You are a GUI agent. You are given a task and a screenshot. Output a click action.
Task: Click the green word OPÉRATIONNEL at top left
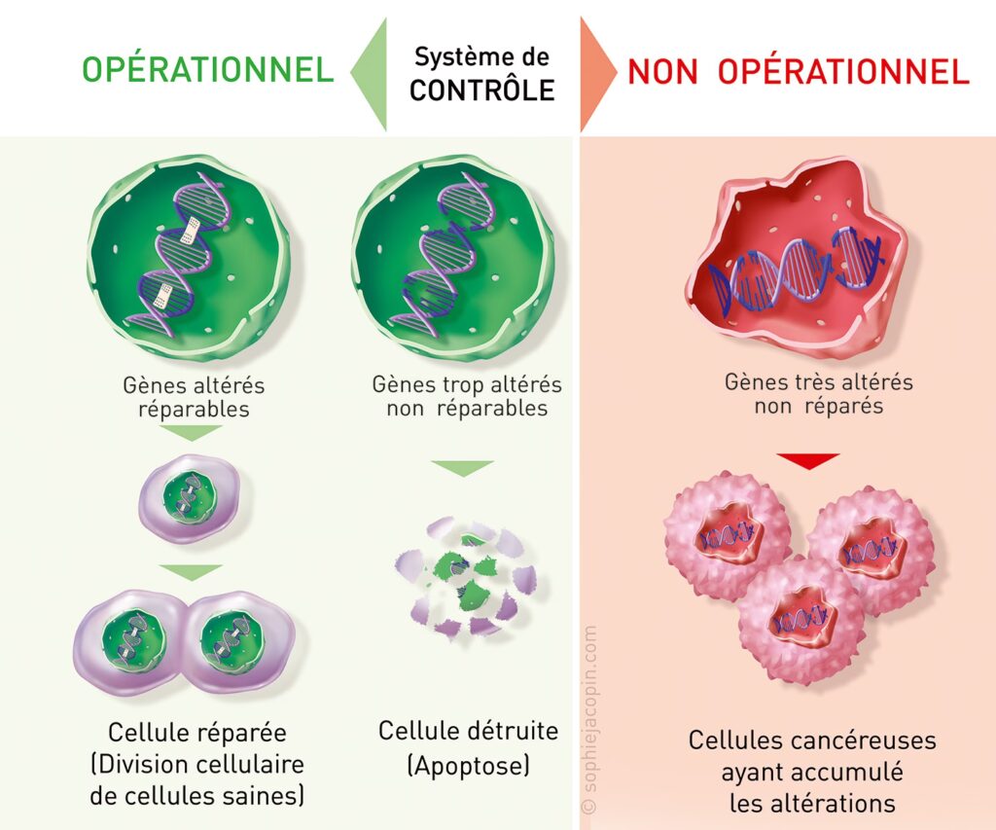click(207, 70)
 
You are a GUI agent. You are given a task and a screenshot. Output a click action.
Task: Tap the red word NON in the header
click(661, 71)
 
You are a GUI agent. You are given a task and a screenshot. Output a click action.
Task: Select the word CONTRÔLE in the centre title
click(481, 90)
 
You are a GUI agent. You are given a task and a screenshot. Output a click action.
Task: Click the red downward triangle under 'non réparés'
click(807, 460)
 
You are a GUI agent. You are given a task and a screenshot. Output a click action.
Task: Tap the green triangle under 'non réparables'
click(461, 468)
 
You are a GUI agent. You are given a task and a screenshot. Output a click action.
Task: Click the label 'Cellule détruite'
click(469, 731)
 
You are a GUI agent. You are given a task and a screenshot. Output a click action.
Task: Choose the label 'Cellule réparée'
click(197, 732)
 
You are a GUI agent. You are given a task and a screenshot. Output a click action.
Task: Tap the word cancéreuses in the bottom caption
click(861, 740)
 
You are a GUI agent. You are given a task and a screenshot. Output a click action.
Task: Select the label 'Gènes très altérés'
click(818, 381)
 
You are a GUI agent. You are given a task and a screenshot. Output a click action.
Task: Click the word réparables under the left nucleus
click(194, 409)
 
